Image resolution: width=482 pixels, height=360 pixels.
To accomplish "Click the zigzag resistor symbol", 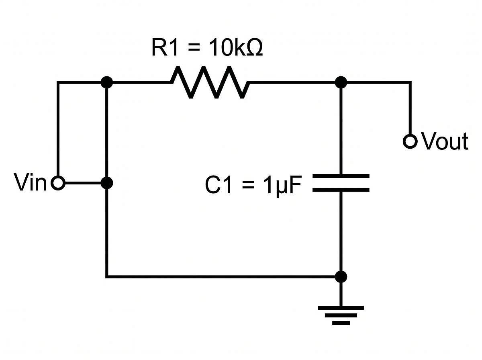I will [210, 83].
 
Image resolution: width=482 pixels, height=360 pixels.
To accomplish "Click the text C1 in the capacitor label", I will [219, 186].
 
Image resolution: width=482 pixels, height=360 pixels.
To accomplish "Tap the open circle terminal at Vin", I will [58, 184].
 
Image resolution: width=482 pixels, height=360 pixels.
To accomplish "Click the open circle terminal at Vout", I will [410, 141].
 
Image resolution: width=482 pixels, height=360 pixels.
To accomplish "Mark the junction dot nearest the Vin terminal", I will [106, 184].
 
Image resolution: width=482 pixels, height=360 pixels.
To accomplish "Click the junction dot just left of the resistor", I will [106, 82].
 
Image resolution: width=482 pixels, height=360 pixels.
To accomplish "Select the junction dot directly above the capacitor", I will [341, 82].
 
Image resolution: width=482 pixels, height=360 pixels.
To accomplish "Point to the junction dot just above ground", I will [341, 276].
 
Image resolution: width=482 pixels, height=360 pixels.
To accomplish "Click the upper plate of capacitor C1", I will [341, 176].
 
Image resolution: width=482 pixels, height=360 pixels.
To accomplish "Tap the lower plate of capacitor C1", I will [341, 189].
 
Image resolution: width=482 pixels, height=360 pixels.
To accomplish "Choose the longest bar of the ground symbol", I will [341, 308].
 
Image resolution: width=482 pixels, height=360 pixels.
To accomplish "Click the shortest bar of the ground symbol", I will [341, 322].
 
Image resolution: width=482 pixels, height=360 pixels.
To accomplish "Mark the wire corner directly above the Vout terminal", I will [410, 82].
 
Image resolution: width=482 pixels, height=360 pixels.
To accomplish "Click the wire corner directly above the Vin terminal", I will [58, 82].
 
